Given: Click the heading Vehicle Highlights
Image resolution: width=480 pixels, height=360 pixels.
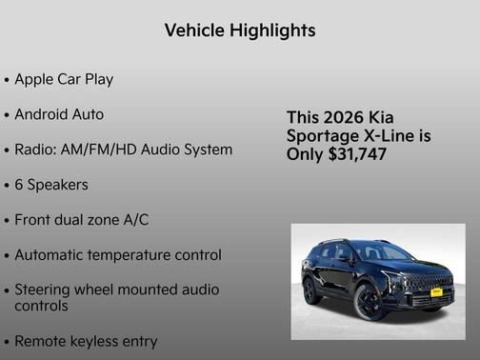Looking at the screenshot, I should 239,30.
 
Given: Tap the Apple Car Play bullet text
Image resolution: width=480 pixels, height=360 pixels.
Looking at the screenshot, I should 64,79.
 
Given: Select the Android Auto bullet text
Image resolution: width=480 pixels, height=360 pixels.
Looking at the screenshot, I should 59,114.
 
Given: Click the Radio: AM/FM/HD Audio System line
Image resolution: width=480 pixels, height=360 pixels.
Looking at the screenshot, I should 123,150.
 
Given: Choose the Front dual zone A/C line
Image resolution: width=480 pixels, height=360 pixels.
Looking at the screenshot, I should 82,220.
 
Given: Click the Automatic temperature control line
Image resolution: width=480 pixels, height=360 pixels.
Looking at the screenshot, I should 118,255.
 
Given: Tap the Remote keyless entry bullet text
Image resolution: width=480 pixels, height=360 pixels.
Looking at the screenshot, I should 86,340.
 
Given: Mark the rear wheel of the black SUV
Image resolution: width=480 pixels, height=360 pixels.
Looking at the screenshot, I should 311,290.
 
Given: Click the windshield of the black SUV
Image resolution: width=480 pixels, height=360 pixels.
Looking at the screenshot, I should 382,254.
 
